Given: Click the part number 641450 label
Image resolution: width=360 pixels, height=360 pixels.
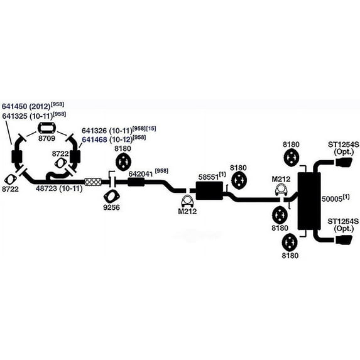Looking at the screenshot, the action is (14, 106).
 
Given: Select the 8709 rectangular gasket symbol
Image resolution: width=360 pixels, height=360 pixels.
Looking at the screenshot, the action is (47, 128).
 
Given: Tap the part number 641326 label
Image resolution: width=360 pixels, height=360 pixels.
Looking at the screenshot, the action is (94, 131).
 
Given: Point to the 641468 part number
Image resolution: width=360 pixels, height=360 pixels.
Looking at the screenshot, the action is (94, 139).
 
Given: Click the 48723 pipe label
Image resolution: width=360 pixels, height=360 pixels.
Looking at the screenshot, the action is (46, 188).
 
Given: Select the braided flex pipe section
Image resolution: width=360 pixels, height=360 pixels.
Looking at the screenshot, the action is (93, 182).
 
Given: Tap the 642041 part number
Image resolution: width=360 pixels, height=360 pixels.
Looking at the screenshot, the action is (141, 174).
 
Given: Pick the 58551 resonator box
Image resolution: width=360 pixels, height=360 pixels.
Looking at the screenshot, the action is (209, 190).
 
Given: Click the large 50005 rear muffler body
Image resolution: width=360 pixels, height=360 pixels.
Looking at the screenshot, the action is (309, 201).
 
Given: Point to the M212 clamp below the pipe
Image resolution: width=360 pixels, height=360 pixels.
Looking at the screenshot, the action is (187, 202).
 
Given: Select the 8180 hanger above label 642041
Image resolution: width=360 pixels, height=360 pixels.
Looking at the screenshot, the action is (123, 162).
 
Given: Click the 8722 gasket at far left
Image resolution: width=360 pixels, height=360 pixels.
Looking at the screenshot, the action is (11, 180).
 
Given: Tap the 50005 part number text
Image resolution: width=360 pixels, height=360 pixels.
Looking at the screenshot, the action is (332, 199).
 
